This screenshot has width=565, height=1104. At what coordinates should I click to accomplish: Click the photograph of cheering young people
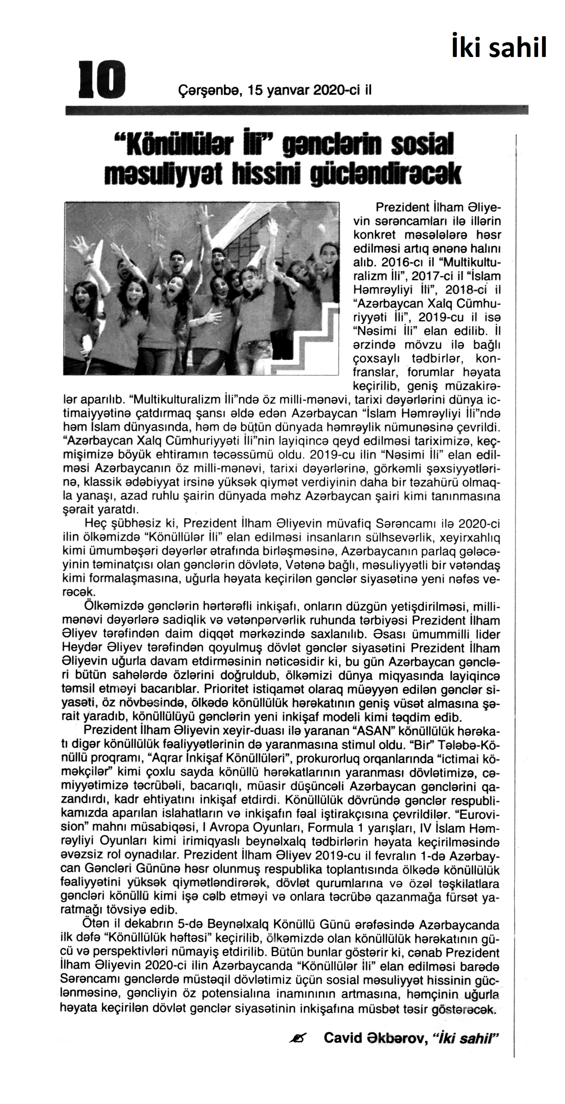coord(201,288)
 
